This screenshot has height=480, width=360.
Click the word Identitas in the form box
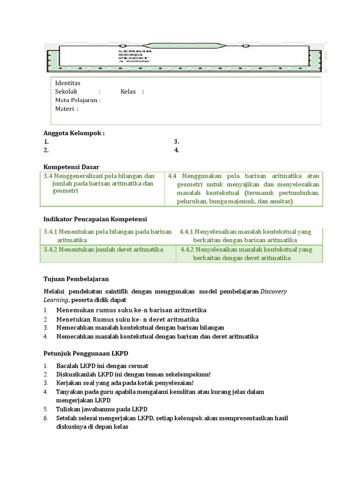(x=67, y=83)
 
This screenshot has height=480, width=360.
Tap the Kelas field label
(x=128, y=91)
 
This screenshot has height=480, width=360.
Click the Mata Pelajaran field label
(x=76, y=100)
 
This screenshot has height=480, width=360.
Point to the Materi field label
(x=65, y=109)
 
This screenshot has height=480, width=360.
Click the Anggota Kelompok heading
(x=74, y=133)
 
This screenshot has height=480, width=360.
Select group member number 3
(x=177, y=141)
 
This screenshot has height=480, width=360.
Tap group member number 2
(x=46, y=150)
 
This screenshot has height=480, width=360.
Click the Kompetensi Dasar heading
(x=71, y=167)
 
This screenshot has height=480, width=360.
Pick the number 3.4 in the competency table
(x=48, y=176)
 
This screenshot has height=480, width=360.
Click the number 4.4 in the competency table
(x=172, y=176)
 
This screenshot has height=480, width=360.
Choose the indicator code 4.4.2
(x=187, y=249)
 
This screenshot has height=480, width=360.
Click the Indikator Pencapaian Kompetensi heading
(x=95, y=219)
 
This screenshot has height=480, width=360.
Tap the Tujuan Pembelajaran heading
(x=76, y=278)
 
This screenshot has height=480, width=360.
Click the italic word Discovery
(x=273, y=291)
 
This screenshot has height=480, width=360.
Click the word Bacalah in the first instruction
(x=67, y=366)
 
